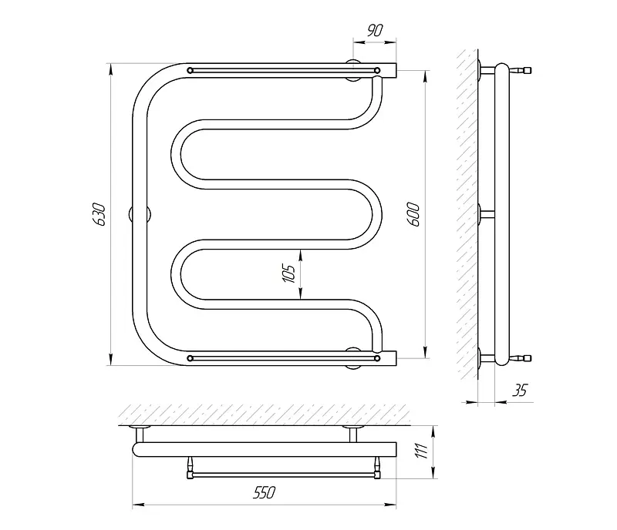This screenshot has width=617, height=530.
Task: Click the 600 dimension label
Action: pyautogui.click(x=413, y=215)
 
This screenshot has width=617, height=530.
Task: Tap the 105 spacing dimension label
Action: pyautogui.click(x=289, y=273)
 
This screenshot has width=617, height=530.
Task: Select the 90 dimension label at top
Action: pyautogui.click(x=375, y=30)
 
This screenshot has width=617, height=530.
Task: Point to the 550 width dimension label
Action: pyautogui.click(x=264, y=492)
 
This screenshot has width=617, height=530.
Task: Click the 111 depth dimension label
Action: pyautogui.click(x=421, y=451)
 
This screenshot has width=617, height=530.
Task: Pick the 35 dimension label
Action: pyautogui.click(x=519, y=391)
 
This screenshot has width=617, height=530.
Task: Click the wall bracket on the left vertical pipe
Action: pyautogui.click(x=140, y=215)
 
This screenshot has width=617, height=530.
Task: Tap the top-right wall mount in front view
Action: pyautogui.click(x=353, y=70)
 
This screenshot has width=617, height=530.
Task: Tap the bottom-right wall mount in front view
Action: pyautogui.click(x=353, y=358)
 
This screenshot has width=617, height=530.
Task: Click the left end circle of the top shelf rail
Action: pyautogui.click(x=190, y=70)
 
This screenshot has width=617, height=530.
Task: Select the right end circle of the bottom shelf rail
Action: pyautogui.click(x=377, y=358)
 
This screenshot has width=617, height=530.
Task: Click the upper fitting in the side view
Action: pyautogui.click(x=520, y=70)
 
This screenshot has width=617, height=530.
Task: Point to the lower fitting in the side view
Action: pyautogui.click(x=520, y=358)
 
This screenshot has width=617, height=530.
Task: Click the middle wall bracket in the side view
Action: pyautogui.click(x=486, y=215)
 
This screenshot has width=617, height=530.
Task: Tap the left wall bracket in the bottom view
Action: pyautogui.click(x=140, y=434)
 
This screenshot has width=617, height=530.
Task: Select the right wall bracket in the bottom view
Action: pyautogui.click(x=352, y=434)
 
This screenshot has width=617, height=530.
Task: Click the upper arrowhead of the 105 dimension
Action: pyautogui.click(x=300, y=255)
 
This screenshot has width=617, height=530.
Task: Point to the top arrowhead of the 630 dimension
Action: pyautogui.click(x=111, y=69)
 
